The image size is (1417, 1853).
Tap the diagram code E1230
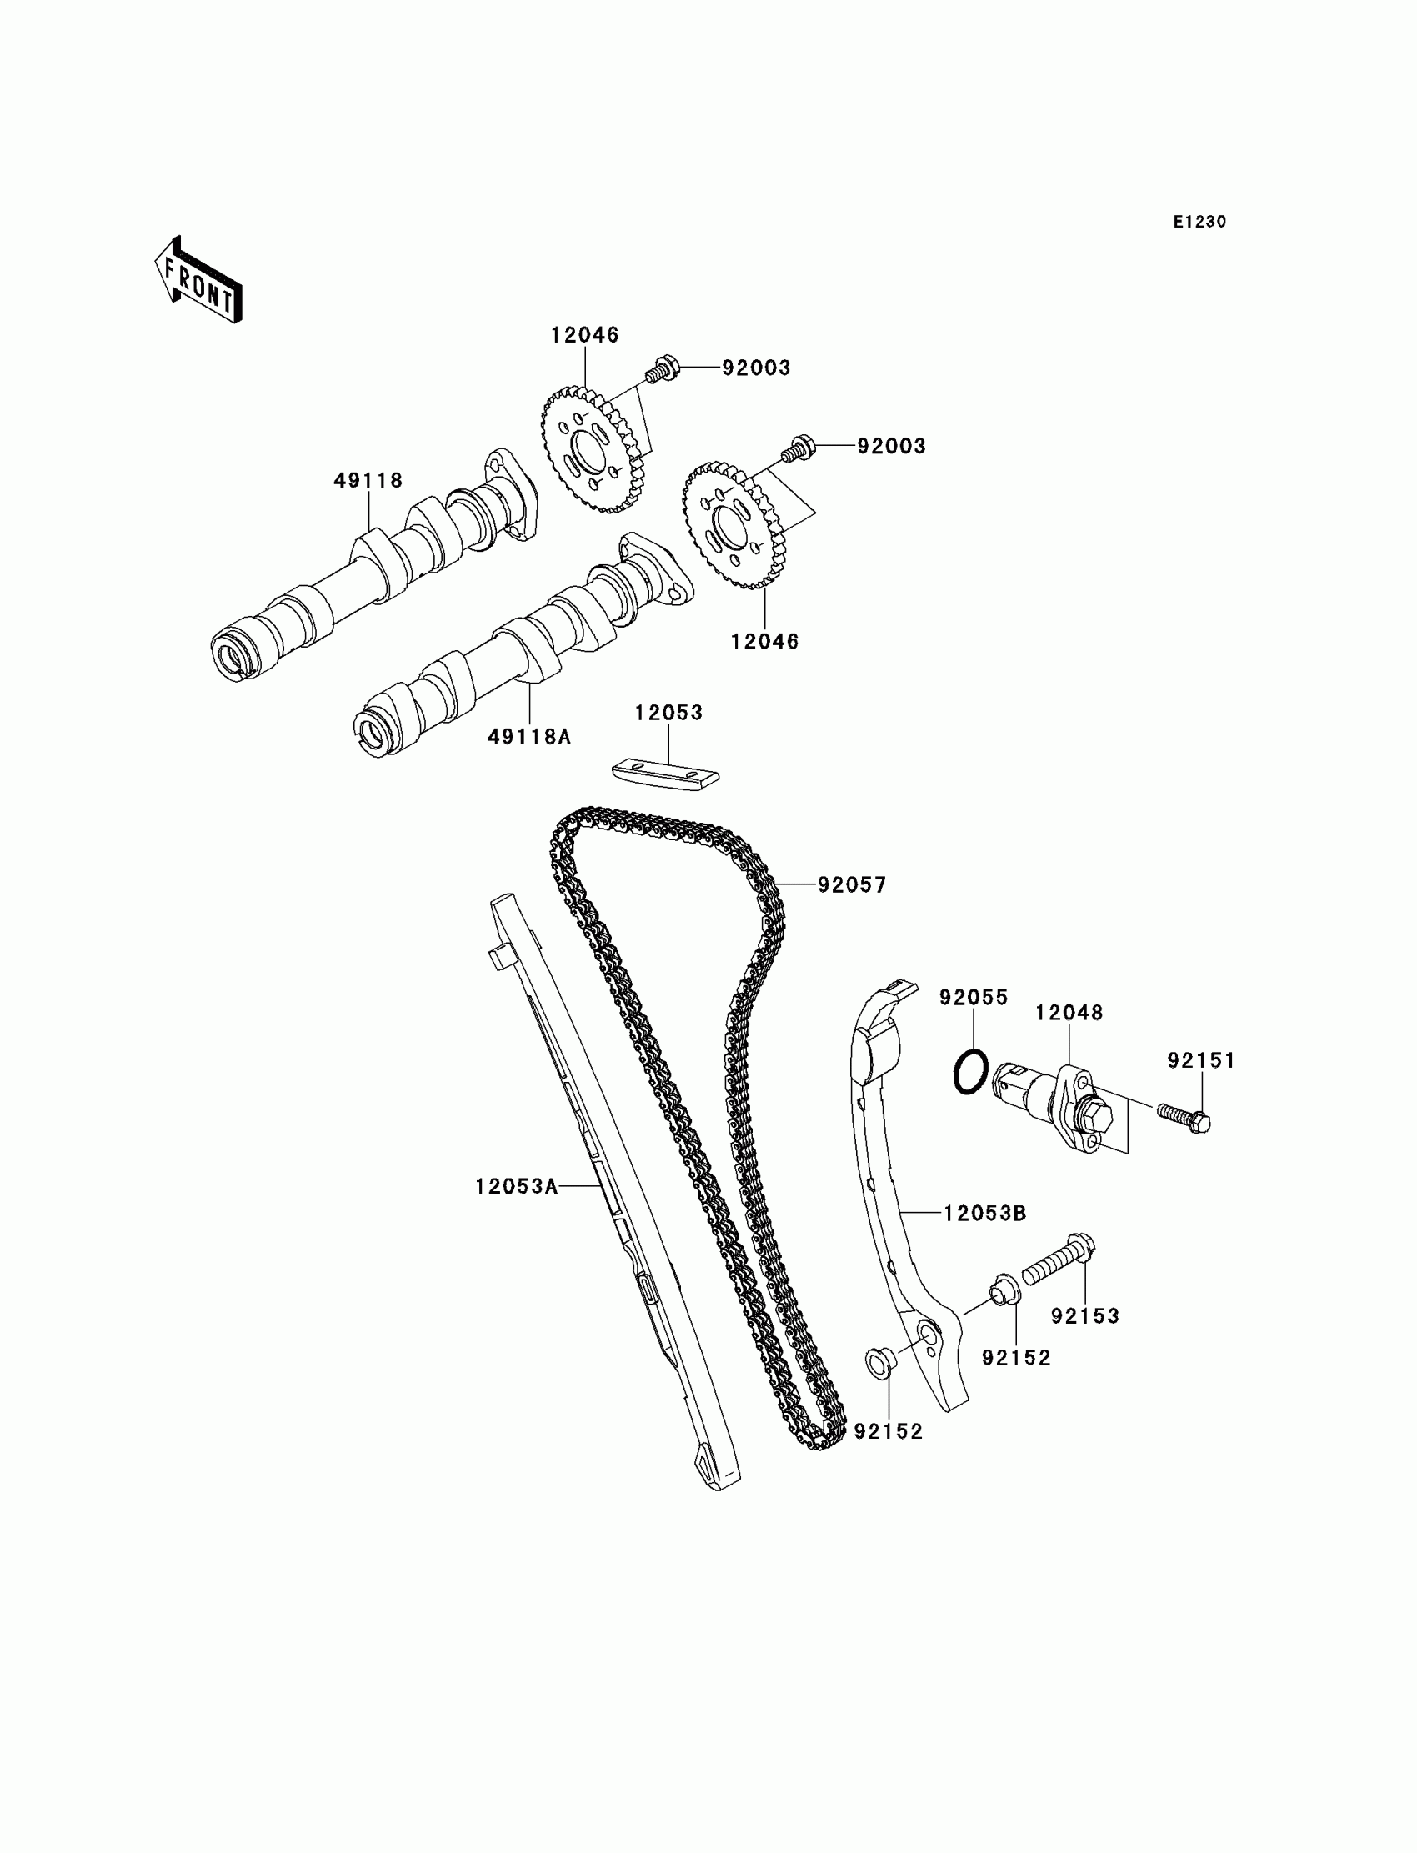1199,222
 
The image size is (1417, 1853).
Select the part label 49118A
528,737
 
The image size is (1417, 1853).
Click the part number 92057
852,884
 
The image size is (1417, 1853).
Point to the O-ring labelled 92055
970,1074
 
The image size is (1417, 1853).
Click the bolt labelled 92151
1184,1117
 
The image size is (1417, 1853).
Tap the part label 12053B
984,1214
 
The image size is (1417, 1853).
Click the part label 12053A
516,1187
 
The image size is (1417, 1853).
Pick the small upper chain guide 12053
664,774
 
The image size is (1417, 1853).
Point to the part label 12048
1069,1013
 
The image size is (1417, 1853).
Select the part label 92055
974,998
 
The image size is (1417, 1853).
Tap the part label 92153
1084,1315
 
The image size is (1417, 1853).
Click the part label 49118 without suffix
368,481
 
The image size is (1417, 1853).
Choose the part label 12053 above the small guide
668,713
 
